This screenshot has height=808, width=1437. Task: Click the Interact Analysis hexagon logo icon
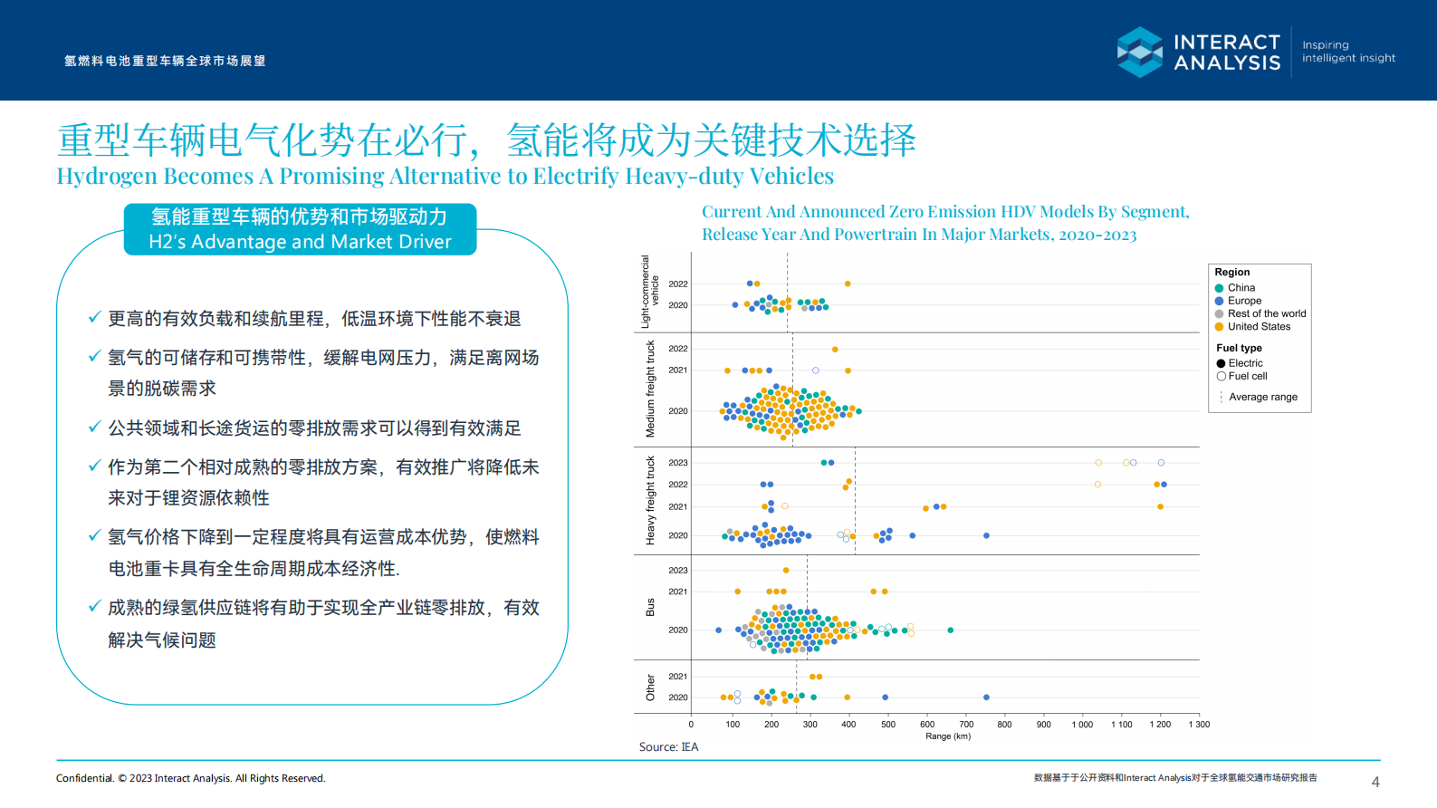pyautogui.click(x=1139, y=52)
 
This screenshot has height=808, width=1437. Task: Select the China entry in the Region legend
pyautogui.click(x=1241, y=288)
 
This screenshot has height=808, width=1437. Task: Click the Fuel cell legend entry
pyautogui.click(x=1247, y=376)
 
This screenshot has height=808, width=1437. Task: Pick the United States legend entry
pyautogui.click(x=1258, y=327)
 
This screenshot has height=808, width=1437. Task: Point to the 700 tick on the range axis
pyautogui.click(x=966, y=724)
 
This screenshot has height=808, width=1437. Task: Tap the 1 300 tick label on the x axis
pyautogui.click(x=1199, y=724)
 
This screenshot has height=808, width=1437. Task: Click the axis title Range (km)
pyautogui.click(x=947, y=736)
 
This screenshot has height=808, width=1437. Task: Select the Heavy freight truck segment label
pyautogui.click(x=650, y=500)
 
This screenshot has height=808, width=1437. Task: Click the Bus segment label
pyautogui.click(x=650, y=607)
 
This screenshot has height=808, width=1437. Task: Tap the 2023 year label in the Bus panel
pyautogui.click(x=678, y=571)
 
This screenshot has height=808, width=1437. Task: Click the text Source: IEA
pyautogui.click(x=668, y=747)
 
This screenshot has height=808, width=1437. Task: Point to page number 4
pyautogui.click(x=1375, y=782)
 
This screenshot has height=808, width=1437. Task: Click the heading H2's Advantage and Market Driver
pyautogui.click(x=300, y=242)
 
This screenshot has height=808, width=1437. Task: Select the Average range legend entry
pyautogui.click(x=1262, y=398)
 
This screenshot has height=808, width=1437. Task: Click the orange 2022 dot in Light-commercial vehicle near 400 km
pyautogui.click(x=848, y=284)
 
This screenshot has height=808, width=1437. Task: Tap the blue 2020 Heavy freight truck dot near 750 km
pyautogui.click(x=986, y=536)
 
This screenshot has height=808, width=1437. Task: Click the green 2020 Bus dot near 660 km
pyautogui.click(x=950, y=630)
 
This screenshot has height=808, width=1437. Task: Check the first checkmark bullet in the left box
pyautogui.click(x=94, y=318)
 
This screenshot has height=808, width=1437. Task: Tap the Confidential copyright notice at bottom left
pyautogui.click(x=190, y=778)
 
